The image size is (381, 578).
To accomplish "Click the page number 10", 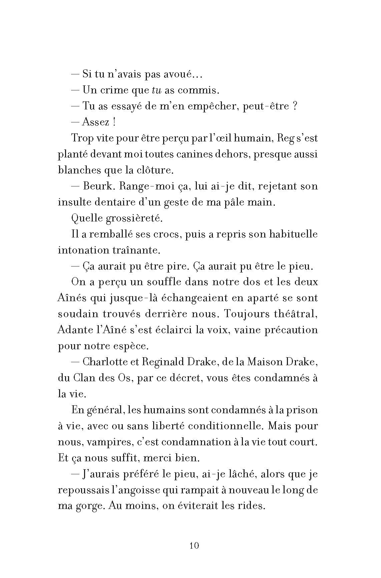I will (194, 545).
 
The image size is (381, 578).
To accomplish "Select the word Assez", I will (96, 122).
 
